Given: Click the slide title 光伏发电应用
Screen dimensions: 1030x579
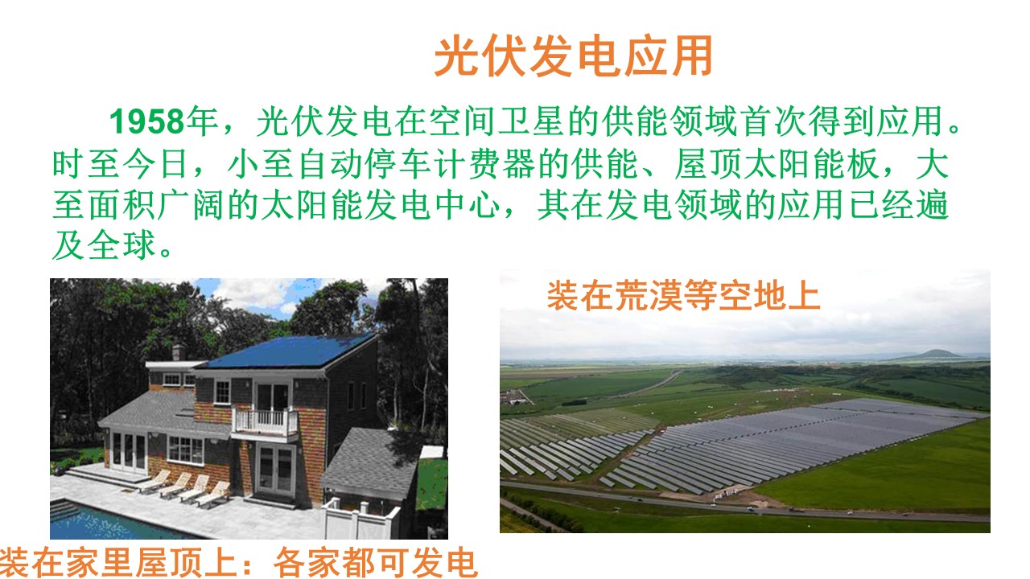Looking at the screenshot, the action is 574,56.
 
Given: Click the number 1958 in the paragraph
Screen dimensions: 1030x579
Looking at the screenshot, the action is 147,122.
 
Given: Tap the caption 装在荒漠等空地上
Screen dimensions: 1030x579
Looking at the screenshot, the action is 683,296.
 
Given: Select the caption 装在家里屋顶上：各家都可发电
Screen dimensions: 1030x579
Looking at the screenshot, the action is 238,562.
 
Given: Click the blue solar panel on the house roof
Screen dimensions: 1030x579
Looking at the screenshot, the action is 290,351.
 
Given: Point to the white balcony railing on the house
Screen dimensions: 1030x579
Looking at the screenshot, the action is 265,421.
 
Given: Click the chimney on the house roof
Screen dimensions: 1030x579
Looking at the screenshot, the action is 179,351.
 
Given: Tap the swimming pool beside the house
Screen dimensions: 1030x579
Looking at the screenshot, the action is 105,522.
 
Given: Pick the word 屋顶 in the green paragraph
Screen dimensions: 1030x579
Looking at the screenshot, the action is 709,164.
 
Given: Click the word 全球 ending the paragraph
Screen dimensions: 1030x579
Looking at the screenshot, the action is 122,246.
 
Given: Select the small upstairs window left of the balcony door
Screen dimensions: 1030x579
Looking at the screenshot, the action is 222,392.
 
